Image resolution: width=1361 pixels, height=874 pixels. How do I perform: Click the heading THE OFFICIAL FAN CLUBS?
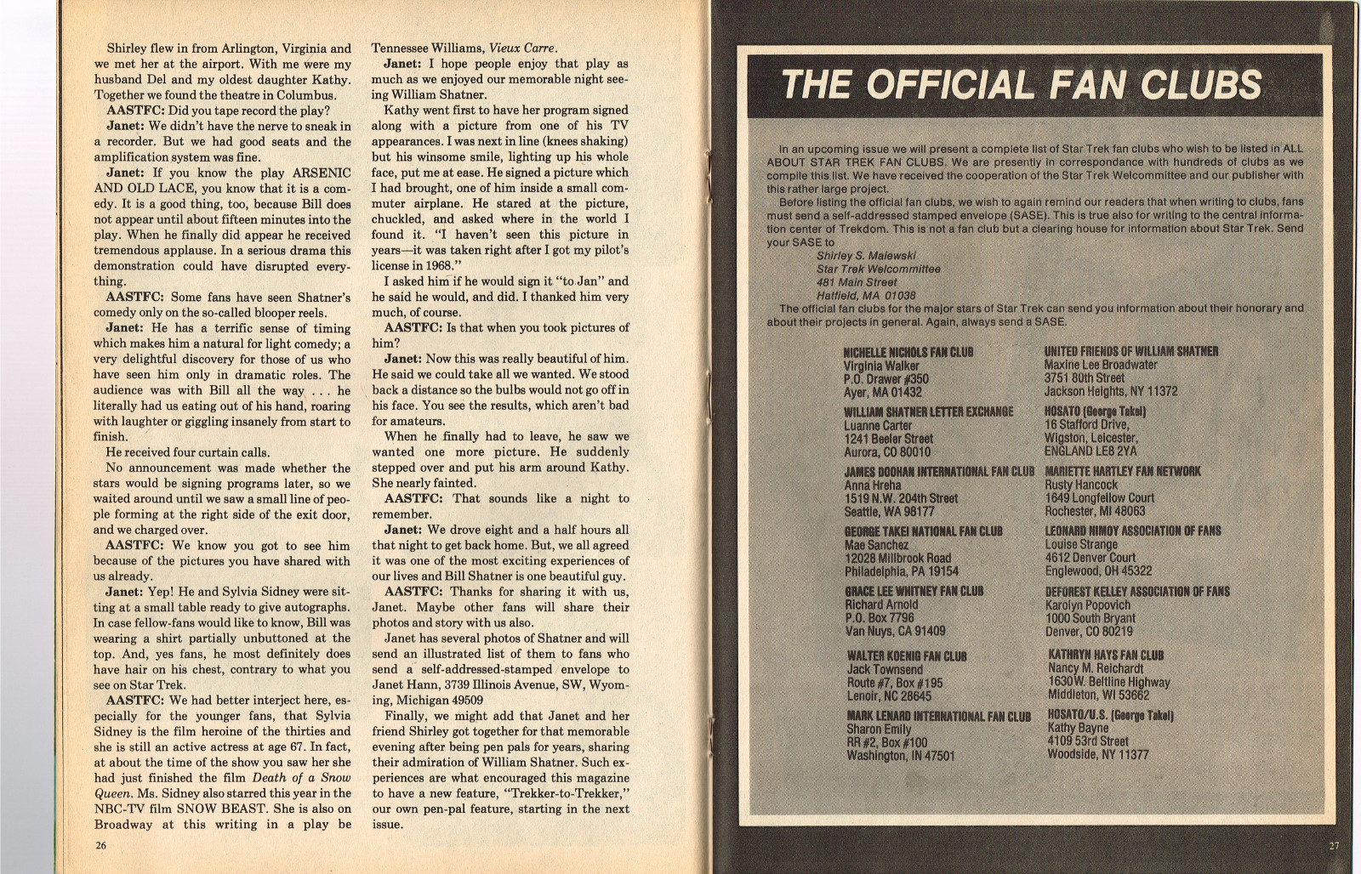1021,85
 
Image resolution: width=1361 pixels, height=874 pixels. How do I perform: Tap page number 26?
101,845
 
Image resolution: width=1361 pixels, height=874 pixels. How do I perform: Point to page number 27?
1333,845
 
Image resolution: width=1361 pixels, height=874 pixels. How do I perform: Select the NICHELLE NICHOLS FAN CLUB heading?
908,352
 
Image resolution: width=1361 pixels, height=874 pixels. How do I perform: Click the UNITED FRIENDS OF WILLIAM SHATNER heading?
1130,351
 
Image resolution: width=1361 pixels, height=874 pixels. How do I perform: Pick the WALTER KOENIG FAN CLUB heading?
906,656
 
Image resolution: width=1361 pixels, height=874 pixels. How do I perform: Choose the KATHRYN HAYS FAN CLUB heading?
1106,655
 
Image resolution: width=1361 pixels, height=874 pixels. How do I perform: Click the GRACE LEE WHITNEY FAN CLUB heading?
914,591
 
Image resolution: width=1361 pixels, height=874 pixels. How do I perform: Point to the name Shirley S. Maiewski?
866,256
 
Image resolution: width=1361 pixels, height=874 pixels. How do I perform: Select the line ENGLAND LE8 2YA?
1090,451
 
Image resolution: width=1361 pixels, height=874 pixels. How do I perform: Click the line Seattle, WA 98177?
889,512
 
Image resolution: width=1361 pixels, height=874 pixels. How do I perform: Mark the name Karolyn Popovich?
1088,605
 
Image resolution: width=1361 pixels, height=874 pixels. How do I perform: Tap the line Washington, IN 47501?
900,756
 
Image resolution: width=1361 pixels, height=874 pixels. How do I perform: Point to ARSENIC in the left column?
322,173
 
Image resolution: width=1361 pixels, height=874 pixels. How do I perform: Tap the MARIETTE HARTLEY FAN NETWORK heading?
1122,471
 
